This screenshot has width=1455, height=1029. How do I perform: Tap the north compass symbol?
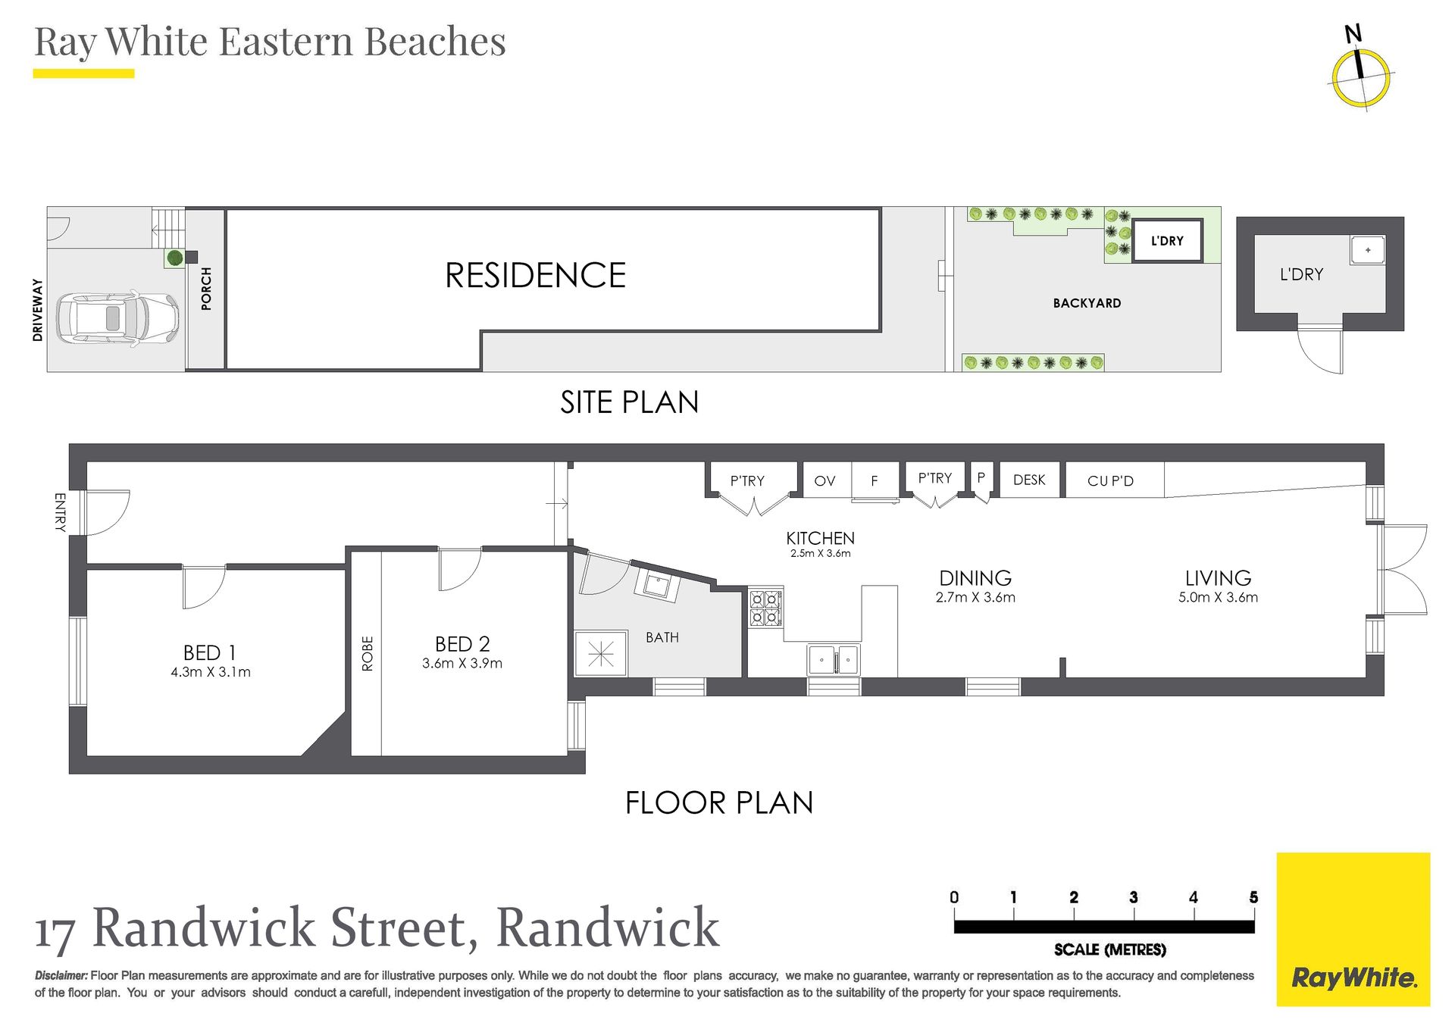1361,77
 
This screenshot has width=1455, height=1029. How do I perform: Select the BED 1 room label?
210,652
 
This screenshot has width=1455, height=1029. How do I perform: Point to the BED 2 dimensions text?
462,664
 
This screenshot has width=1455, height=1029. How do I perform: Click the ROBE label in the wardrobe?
368,653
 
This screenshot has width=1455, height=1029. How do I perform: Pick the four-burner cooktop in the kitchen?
765,608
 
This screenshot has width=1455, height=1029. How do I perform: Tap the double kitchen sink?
834,660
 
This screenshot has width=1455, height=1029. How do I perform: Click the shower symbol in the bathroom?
601,653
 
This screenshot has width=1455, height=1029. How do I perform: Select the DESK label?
1029,480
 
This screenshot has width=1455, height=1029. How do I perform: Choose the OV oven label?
824,481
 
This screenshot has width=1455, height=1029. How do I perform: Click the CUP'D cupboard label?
1110,481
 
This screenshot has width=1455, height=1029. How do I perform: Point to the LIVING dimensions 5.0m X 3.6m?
1218,598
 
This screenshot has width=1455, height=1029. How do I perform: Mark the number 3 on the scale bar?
1134,898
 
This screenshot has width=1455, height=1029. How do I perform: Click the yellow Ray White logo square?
1353,929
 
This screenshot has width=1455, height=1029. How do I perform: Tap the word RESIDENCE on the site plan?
535,275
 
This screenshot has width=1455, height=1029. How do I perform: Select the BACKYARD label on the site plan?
1087,303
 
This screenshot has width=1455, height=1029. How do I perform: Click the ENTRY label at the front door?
60,512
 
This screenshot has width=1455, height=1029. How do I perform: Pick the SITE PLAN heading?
629,402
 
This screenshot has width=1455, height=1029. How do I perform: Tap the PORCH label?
206,289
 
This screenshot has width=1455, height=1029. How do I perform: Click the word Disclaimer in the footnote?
61,976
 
